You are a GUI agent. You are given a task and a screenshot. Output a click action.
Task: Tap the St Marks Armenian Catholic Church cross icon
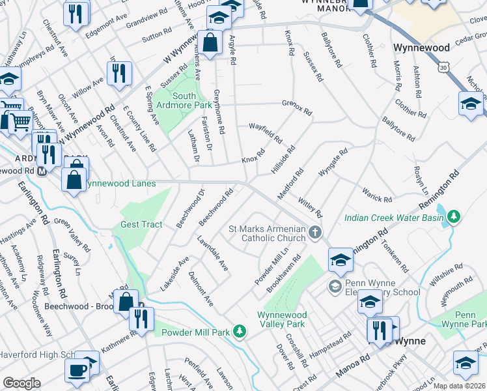314,233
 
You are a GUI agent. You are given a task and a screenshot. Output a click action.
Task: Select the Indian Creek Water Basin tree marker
454,216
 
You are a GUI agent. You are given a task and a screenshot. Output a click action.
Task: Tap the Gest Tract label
141,225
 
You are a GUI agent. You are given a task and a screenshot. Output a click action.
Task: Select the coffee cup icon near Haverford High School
77,371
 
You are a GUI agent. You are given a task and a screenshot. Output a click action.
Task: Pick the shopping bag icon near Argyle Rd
210,44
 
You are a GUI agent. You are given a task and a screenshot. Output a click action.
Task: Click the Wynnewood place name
421,48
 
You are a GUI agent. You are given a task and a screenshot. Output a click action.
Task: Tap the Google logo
21,383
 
